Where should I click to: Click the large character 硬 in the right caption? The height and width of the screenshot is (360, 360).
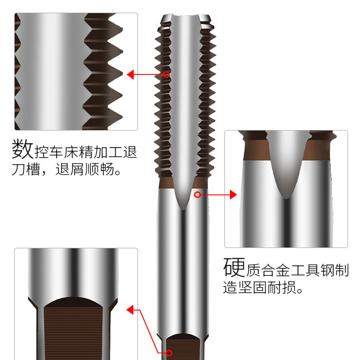tap(234, 267)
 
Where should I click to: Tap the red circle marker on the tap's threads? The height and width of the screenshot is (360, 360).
tap(166, 74)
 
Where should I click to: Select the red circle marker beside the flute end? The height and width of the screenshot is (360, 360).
tap(197, 195)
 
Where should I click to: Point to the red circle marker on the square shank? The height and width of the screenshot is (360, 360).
tap(169, 353)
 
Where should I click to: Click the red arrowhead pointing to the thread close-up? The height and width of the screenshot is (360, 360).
tap(131, 74)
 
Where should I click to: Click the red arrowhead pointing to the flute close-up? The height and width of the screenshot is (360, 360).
tap(233, 195)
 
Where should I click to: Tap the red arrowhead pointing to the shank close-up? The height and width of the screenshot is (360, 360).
tap(130, 310)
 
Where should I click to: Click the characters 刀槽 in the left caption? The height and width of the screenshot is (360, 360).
tap(26, 169)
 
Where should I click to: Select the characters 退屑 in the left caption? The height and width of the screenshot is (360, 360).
tap(69, 169)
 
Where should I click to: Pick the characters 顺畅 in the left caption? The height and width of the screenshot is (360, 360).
tap(99, 169)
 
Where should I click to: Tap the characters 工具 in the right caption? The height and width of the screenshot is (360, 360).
tap(305, 270)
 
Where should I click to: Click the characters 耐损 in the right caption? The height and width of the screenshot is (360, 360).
tap(282, 287)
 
